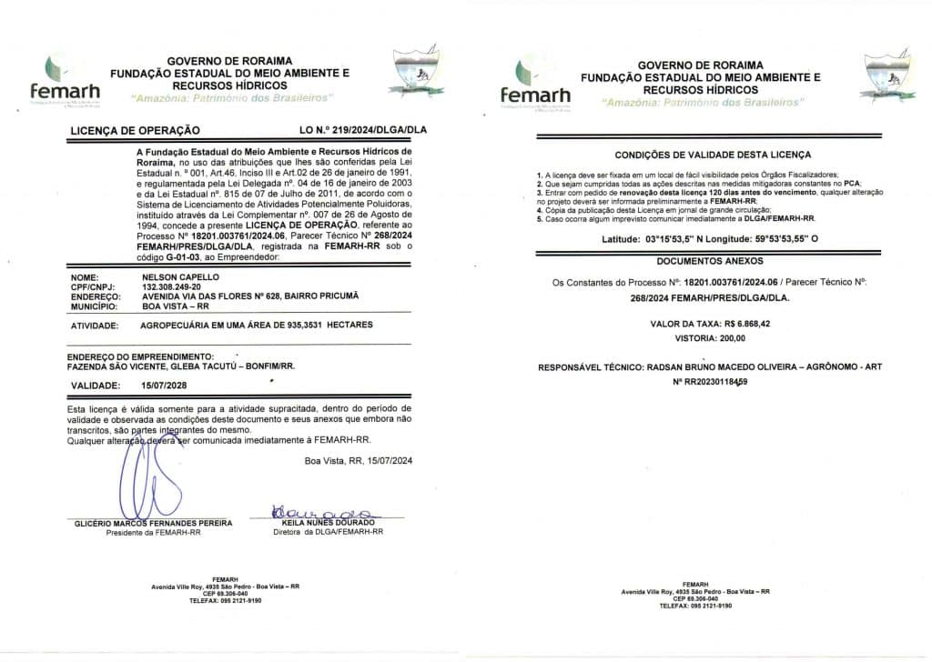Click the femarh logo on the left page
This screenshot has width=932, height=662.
tap(64, 79)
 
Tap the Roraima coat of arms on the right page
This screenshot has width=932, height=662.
tap(886, 74)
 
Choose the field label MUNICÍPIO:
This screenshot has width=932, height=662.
tap(95, 306)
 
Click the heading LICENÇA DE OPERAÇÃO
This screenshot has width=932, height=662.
tap(136, 130)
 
